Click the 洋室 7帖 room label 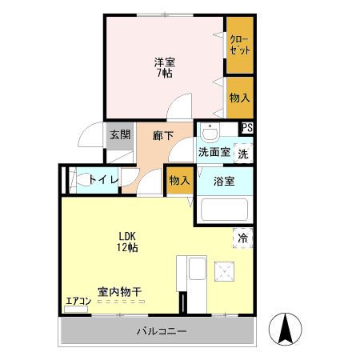pos(164,67)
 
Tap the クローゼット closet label pos(238,44)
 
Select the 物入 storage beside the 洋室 pos(239,98)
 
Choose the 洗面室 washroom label pos(214,152)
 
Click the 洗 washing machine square pos(243,152)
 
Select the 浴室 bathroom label pos(223,181)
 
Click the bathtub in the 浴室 pos(224,210)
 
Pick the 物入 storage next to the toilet pos(179,181)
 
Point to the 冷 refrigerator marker pos(243,238)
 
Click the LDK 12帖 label pos(127,242)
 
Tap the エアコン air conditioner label pos(78,302)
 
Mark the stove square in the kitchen pos(223,271)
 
